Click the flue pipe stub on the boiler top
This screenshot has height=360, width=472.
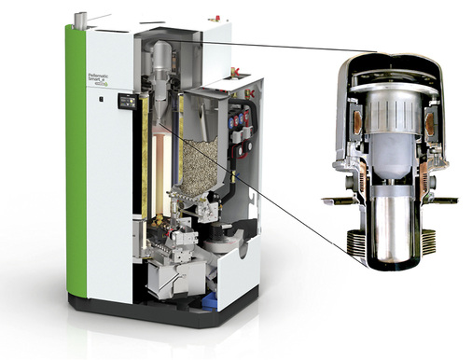pos(80,19)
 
